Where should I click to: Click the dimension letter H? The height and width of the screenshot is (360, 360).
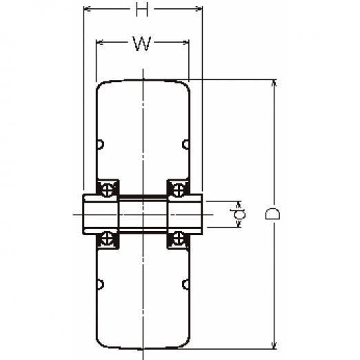(x=142, y=10)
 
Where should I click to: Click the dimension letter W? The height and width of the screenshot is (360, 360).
(x=142, y=43)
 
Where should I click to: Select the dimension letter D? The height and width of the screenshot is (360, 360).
(x=272, y=214)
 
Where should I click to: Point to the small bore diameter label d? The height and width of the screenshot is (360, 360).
(x=239, y=214)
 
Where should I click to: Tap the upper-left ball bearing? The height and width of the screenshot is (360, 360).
(x=108, y=190)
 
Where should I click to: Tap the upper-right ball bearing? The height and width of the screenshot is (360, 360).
(x=179, y=190)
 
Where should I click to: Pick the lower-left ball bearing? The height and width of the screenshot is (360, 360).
(x=108, y=239)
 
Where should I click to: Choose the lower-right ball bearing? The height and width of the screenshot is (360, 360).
(x=179, y=239)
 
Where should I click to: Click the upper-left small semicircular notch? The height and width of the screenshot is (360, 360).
(x=101, y=145)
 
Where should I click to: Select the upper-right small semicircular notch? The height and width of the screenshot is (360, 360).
(x=186, y=145)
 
